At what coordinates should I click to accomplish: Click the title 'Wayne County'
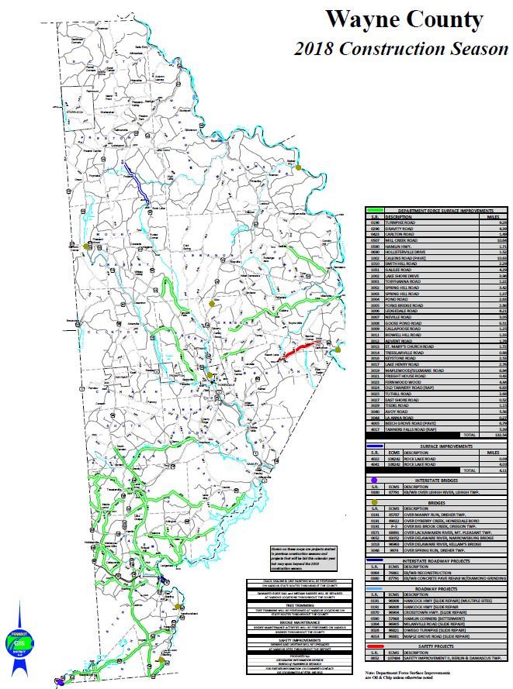(x=404, y=19)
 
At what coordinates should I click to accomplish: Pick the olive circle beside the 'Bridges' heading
(x=374, y=502)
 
